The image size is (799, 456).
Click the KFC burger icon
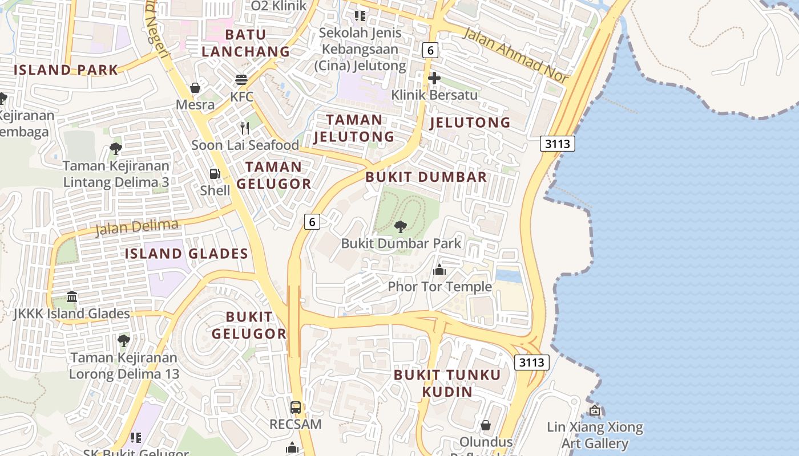(x=241, y=79)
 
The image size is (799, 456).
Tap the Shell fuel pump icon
(x=215, y=174)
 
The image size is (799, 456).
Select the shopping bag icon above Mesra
(x=195, y=88)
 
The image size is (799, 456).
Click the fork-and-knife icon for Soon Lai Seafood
(x=245, y=128)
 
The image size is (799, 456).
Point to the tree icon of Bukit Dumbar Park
(x=401, y=227)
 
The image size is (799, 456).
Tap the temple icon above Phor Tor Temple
(x=439, y=270)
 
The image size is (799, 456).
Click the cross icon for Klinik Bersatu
(x=434, y=78)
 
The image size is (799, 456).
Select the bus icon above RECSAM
(x=295, y=408)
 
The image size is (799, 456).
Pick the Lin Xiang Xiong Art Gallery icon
(x=595, y=410)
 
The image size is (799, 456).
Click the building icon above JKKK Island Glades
(x=72, y=297)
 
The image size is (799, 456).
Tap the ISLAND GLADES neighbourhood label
(x=187, y=254)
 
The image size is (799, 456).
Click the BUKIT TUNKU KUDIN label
(x=447, y=383)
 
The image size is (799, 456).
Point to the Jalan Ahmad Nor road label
(x=516, y=55)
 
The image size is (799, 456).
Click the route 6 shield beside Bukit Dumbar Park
(x=312, y=221)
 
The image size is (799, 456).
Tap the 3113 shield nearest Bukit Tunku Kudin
(x=531, y=362)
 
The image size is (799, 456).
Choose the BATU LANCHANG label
(x=245, y=43)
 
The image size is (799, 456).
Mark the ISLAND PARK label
(x=66, y=70)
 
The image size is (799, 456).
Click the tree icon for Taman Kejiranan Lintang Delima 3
(x=116, y=149)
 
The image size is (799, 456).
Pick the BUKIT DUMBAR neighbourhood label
(x=426, y=177)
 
